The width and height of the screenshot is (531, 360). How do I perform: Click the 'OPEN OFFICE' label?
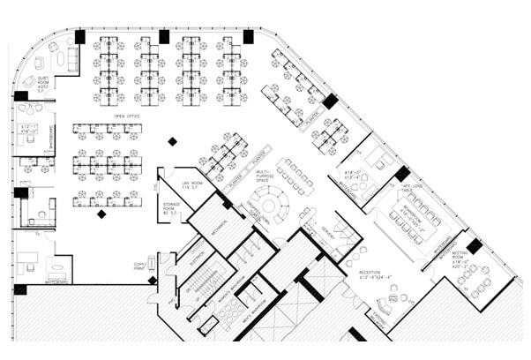pos(128,116)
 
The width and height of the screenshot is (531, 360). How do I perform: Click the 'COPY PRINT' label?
pos(139,266)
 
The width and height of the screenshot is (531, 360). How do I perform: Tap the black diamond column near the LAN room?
pos(173,141)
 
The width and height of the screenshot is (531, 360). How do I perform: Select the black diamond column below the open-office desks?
pos(102,214)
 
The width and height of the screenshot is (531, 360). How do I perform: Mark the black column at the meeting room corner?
pos(474,246)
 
